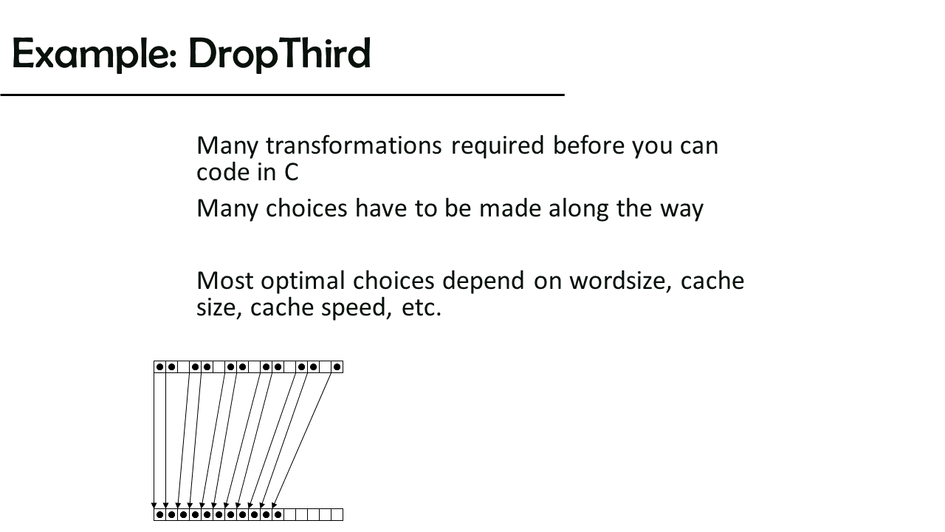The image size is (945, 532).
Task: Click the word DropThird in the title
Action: pyautogui.click(x=279, y=54)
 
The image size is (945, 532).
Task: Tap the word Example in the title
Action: pyautogui.click(x=94, y=54)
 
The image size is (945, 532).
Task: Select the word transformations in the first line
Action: pyautogui.click(x=354, y=146)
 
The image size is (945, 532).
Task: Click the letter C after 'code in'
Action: pyautogui.click(x=291, y=172)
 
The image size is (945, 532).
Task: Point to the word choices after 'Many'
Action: pyautogui.click(x=306, y=208)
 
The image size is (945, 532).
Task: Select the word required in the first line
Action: pyautogui.click(x=498, y=146)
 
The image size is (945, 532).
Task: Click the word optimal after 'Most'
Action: pyautogui.click(x=303, y=282)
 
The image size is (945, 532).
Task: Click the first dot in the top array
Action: pyautogui.click(x=159, y=367)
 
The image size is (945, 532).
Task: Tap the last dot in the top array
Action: pyautogui.click(x=337, y=367)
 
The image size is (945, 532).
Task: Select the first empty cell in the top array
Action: pyautogui.click(x=184, y=367)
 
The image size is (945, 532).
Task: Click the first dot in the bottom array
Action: pyautogui.click(x=159, y=515)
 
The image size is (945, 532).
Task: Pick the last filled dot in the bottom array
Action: pyautogui.click(x=278, y=515)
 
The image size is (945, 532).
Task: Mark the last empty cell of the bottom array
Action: pyautogui.click(x=337, y=515)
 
